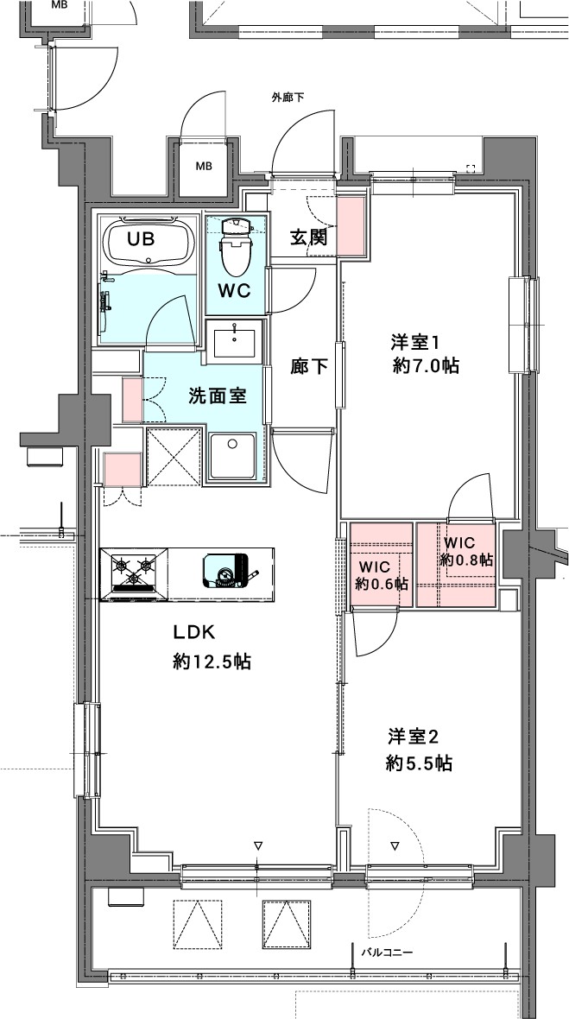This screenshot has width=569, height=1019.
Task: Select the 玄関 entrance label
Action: [308, 237]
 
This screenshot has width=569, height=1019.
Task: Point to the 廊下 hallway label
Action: [308, 366]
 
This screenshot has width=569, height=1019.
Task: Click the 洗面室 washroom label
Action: [218, 396]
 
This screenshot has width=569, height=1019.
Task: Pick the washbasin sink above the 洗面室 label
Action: [232, 339]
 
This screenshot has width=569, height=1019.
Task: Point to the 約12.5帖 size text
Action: [212, 662]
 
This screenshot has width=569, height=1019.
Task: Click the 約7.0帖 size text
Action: [426, 366]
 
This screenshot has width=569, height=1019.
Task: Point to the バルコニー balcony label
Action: [387, 953]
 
